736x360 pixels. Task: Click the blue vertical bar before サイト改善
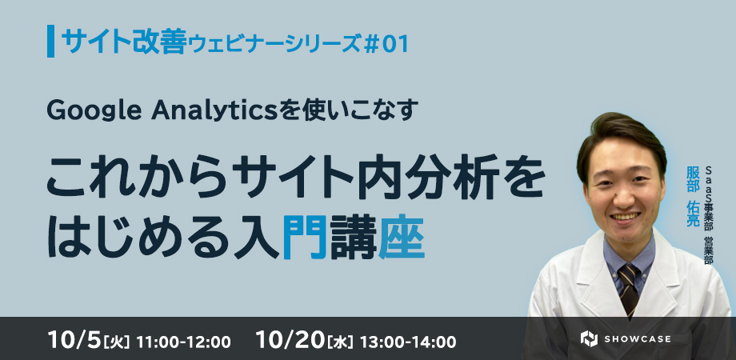pyautogui.click(x=50, y=42)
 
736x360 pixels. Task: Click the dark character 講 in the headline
pyautogui.click(x=353, y=237)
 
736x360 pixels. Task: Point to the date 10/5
pyautogui.click(x=74, y=340)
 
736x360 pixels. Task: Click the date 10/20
pyautogui.click(x=290, y=340)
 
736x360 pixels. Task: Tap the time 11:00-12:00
pyautogui.click(x=183, y=342)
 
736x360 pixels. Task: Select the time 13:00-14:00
pyautogui.click(x=408, y=342)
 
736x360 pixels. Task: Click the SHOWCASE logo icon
pyautogui.click(x=589, y=339)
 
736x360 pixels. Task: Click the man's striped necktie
pyautogui.click(x=628, y=287)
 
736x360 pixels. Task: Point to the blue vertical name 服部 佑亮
pyautogui.click(x=693, y=196)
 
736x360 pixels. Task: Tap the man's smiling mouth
pyautogui.click(x=625, y=217)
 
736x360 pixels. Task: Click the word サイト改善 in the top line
pyautogui.click(x=124, y=42)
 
